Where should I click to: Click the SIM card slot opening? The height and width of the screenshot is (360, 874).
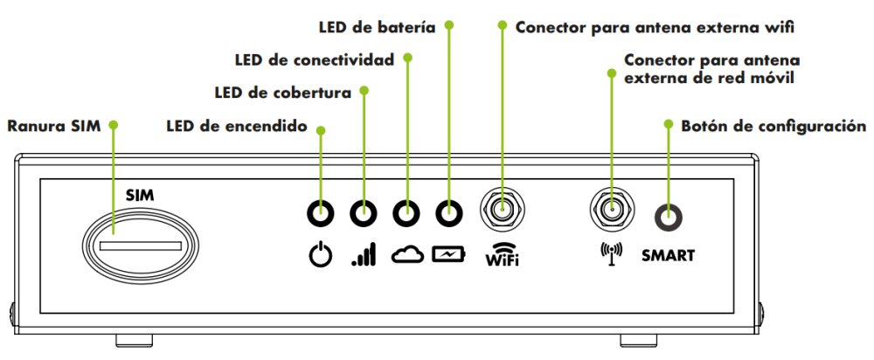click(140, 246)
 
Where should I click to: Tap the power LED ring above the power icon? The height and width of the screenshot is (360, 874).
click(322, 211)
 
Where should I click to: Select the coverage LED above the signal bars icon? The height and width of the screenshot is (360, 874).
click(364, 211)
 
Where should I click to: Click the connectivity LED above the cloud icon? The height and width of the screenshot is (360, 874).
click(406, 211)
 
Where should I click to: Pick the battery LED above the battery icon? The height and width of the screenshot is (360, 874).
click(448, 211)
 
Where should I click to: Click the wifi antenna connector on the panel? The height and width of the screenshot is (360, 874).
click(502, 211)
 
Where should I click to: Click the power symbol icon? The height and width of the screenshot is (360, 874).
click(322, 256)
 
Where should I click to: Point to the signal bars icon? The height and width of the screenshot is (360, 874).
click(364, 256)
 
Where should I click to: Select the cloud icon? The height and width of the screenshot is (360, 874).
click(406, 255)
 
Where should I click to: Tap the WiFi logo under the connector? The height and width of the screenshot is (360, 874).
click(502, 255)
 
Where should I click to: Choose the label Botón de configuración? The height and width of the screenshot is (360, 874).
click(773, 126)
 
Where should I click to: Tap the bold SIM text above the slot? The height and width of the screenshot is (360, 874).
click(140, 195)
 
